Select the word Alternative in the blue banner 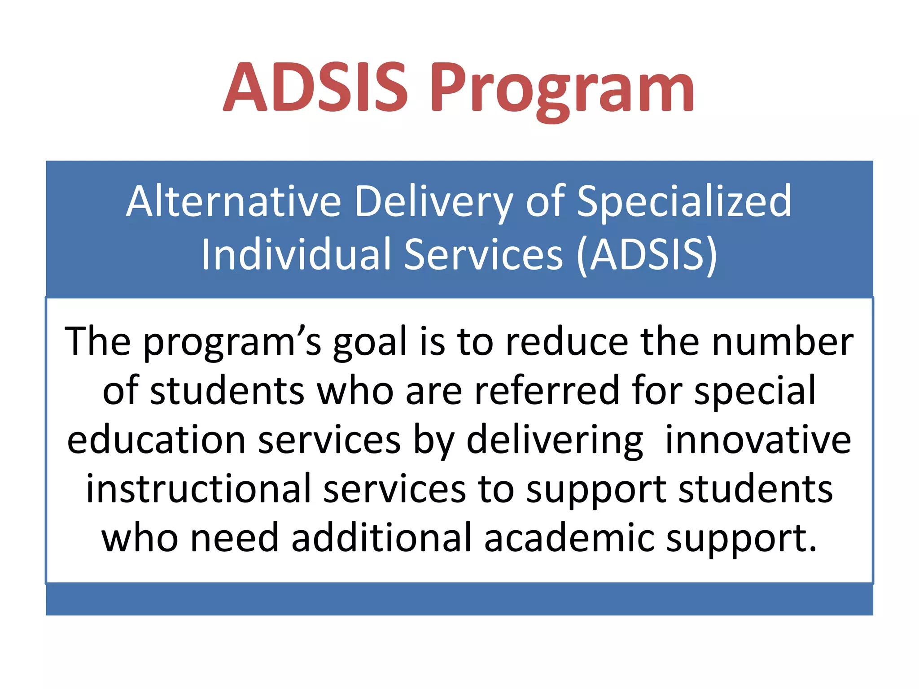(x=233, y=202)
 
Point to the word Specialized (x=684, y=202)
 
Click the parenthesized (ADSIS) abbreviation (x=647, y=255)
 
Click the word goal (x=369, y=343)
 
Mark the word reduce (x=566, y=342)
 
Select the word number (x=783, y=342)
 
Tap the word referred (x=547, y=391)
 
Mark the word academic (x=569, y=538)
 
